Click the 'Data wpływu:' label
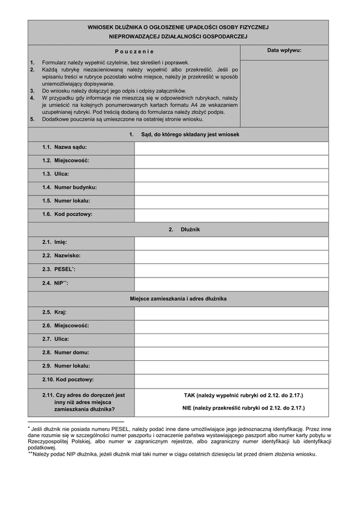(284, 52)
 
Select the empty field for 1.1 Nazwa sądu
(231, 147)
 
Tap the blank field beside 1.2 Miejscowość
(231, 161)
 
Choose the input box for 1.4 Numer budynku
(231, 188)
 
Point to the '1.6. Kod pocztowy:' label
(67, 214)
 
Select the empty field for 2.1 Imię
(231, 243)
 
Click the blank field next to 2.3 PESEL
(231, 270)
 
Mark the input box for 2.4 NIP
(231, 283)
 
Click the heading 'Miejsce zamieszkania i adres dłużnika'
(178, 298)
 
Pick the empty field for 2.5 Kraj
(231, 312)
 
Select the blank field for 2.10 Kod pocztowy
(231, 380)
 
